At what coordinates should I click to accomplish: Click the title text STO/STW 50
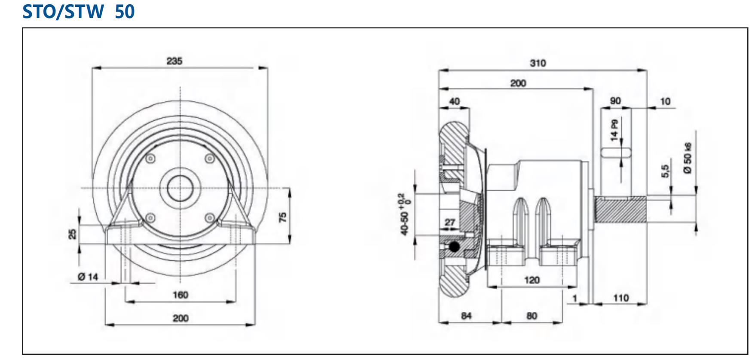click(x=79, y=11)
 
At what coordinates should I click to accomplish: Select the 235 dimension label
click(x=174, y=61)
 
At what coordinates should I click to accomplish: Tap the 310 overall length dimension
click(x=538, y=63)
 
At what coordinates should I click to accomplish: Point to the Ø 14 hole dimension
click(x=88, y=277)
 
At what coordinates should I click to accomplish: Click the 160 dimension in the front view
click(x=180, y=295)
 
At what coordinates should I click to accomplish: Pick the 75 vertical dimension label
click(x=283, y=217)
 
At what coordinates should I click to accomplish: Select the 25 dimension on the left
click(x=72, y=234)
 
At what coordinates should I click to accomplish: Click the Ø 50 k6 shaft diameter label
click(x=688, y=158)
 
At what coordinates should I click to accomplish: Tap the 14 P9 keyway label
click(x=614, y=130)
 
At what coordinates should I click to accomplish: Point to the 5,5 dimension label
click(x=665, y=171)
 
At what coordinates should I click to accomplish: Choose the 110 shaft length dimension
click(x=621, y=298)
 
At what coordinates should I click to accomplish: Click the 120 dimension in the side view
click(x=532, y=280)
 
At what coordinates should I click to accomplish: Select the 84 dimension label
click(x=466, y=316)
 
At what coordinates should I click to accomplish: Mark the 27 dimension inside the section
click(x=449, y=223)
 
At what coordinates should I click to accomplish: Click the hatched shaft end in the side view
click(x=621, y=209)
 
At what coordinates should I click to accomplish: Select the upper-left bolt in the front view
click(x=150, y=159)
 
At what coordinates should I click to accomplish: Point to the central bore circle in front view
click(x=180, y=188)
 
